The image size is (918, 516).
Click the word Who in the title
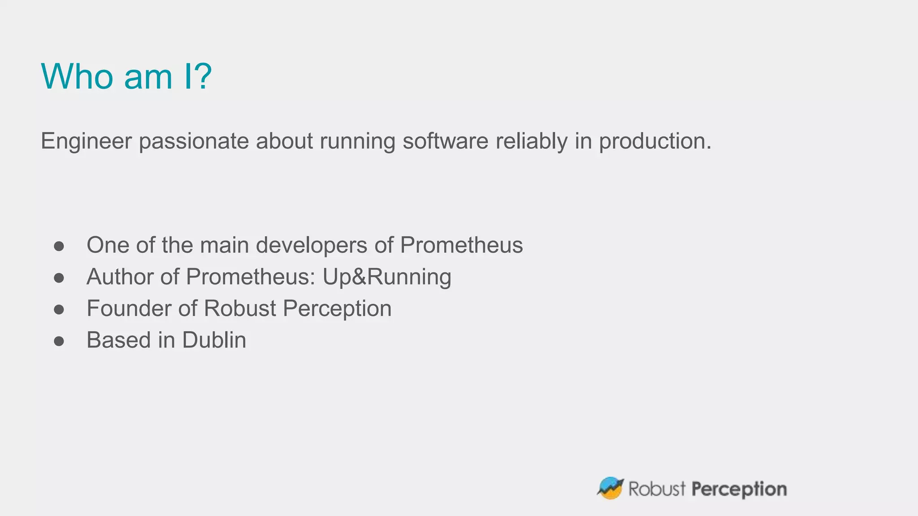(x=77, y=77)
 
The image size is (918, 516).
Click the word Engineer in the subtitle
(x=86, y=141)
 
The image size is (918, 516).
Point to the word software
(x=445, y=141)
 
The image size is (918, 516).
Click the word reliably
(x=532, y=141)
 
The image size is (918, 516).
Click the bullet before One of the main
(x=59, y=246)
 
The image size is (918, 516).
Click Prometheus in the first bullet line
(x=461, y=245)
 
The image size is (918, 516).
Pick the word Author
(x=120, y=276)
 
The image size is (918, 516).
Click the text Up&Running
(x=387, y=276)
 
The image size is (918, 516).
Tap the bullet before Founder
(x=59, y=309)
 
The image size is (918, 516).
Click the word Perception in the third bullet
(x=337, y=308)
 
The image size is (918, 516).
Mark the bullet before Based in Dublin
(x=59, y=341)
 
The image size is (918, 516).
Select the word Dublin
(x=214, y=340)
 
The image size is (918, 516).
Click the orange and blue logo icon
(x=610, y=488)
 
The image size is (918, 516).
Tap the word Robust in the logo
(x=657, y=489)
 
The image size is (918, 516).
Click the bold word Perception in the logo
(x=739, y=489)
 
